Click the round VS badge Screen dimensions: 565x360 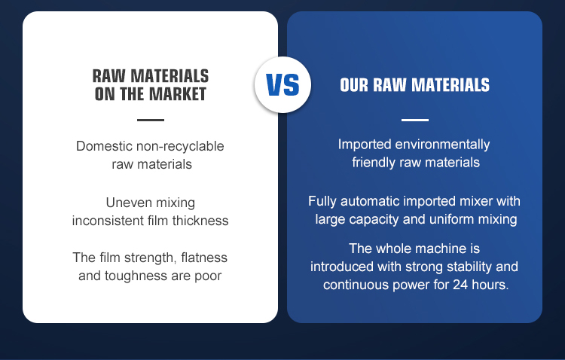point(282,84)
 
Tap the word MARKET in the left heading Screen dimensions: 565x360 point(177,94)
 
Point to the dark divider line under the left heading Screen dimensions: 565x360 point(151,120)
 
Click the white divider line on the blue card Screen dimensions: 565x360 point(415,120)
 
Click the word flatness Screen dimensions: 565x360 point(204,258)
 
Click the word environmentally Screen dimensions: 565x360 point(442,145)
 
